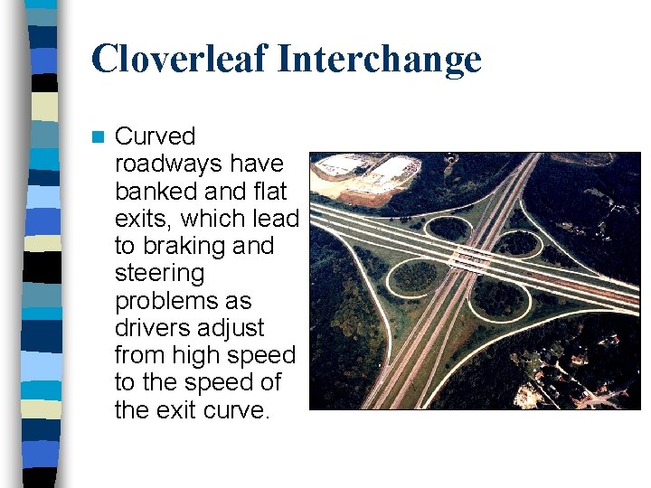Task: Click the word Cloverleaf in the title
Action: pyautogui.click(x=178, y=60)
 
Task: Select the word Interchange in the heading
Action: pyautogui.click(x=379, y=60)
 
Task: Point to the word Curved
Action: pyautogui.click(x=156, y=136)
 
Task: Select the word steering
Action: pyautogui.click(x=160, y=273)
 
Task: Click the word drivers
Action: pyautogui.click(x=149, y=327)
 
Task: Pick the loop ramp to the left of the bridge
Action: pyautogui.click(x=416, y=276)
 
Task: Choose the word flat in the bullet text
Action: pyautogui.click(x=265, y=192)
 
